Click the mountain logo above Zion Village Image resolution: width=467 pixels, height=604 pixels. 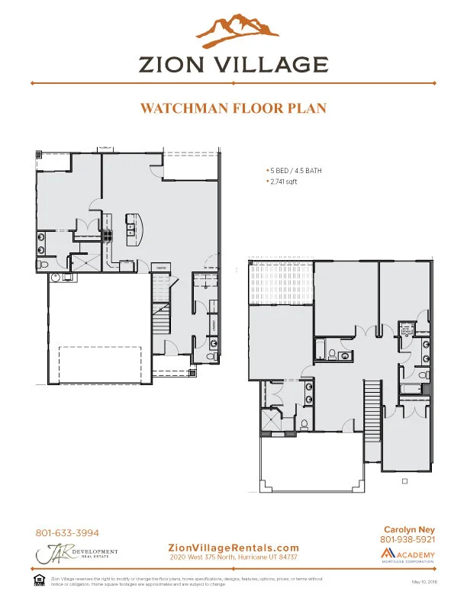(233, 28)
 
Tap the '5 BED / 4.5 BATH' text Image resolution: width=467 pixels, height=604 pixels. (294, 171)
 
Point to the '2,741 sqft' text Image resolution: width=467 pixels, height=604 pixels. (283, 183)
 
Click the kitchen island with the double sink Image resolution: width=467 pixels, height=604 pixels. (134, 226)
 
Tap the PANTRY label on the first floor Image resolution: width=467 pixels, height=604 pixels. (162, 268)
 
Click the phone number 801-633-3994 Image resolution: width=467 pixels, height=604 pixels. (67, 533)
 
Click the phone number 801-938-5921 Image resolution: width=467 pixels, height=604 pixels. (407, 540)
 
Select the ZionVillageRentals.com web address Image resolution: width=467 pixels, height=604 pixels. (233, 548)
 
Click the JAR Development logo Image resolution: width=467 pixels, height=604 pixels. (76, 554)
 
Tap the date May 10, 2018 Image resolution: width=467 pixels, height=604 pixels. (423, 582)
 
